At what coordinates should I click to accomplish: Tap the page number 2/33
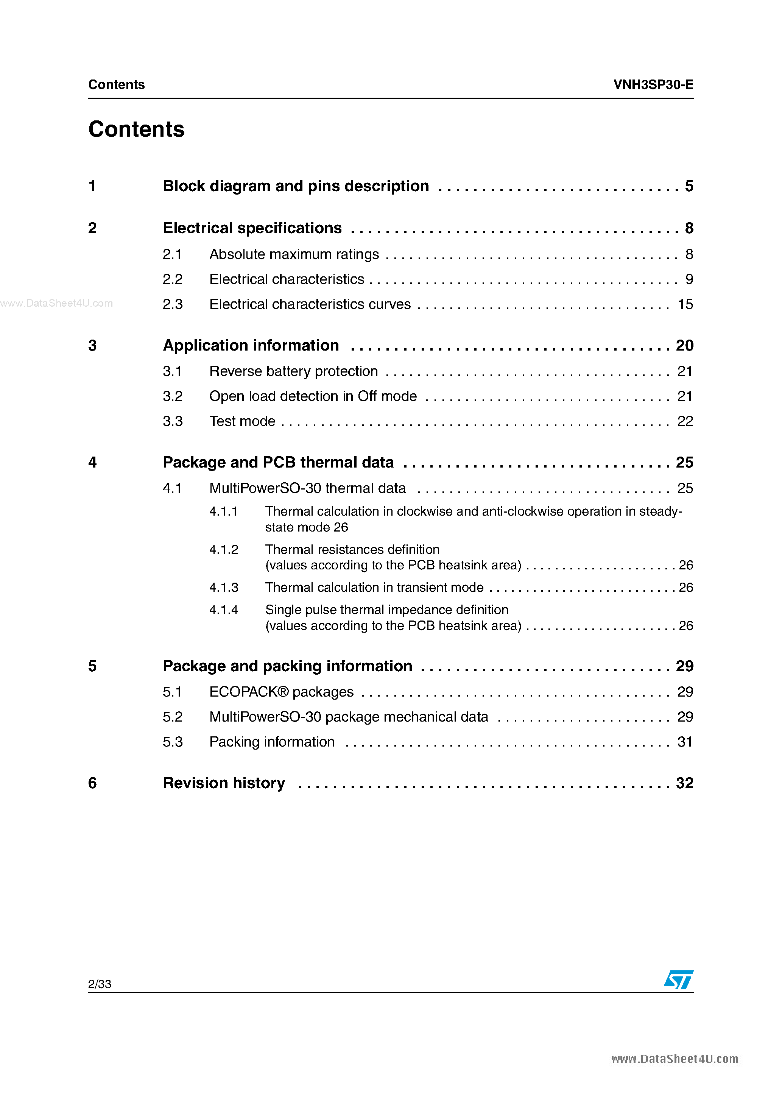pos(100,984)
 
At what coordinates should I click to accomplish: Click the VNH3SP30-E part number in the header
pos(653,85)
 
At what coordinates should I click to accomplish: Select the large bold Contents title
pos(136,129)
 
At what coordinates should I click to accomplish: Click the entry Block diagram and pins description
pos(296,186)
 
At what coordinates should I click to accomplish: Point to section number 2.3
pos(173,304)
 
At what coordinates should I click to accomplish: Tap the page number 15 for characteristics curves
pos(685,304)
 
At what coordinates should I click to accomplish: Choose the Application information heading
pos(251,345)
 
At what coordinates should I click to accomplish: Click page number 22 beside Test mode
pos(685,421)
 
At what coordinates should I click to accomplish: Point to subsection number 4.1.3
pos(224,587)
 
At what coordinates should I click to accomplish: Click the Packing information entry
pos(272,742)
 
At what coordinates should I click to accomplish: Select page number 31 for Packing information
pos(685,742)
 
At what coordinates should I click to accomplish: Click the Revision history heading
pos(224,783)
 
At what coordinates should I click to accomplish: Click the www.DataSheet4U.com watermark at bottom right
pos(675,1059)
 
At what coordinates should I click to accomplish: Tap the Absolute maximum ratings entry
pos(294,254)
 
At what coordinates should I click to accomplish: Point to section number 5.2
pos(173,717)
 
